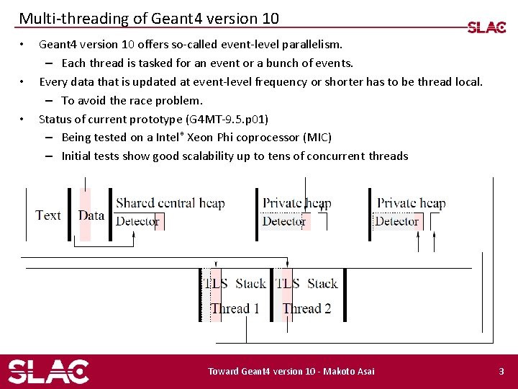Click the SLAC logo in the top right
point(486,27)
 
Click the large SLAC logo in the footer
point(48,371)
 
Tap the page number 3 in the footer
point(501,371)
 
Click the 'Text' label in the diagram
point(48,215)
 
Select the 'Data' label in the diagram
point(91,215)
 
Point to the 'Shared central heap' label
point(171,203)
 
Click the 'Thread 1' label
point(235,308)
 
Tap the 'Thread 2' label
point(306,308)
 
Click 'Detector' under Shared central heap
point(137,221)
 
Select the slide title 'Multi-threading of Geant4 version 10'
point(149,18)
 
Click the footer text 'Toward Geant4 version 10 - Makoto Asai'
point(291,371)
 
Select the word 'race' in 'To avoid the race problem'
point(142,100)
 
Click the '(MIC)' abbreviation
point(317,137)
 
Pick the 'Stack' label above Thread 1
point(250,283)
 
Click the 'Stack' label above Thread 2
point(322,283)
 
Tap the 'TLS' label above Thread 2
point(288,283)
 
